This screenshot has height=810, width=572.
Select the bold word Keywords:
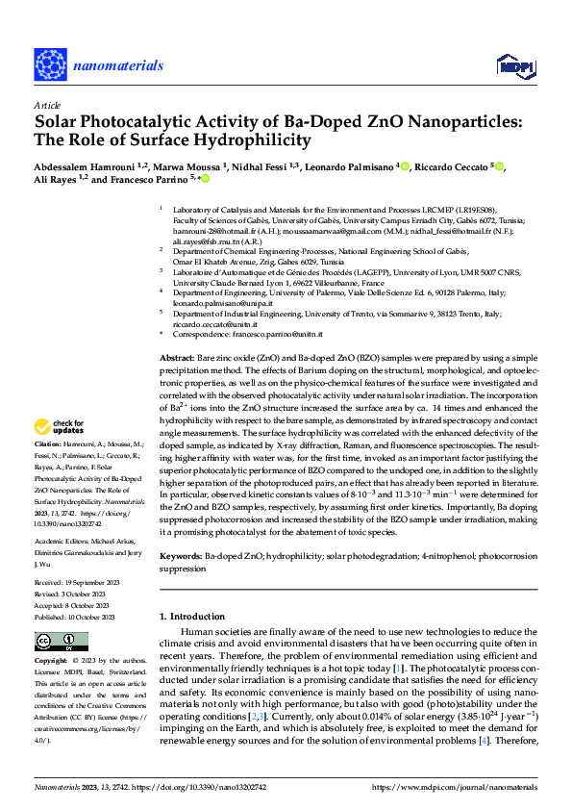(181, 557)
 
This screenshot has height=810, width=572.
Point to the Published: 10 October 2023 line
(77, 617)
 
